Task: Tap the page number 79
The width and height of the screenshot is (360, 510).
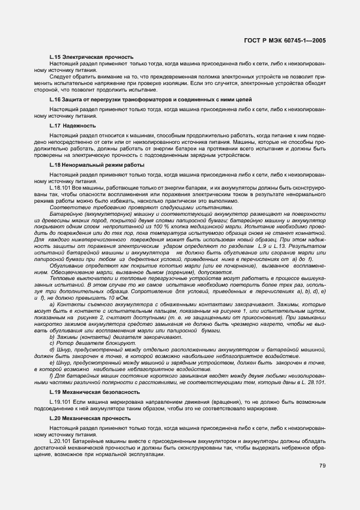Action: tap(322, 465)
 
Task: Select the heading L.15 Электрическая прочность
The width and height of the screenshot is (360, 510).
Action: tap(91, 57)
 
